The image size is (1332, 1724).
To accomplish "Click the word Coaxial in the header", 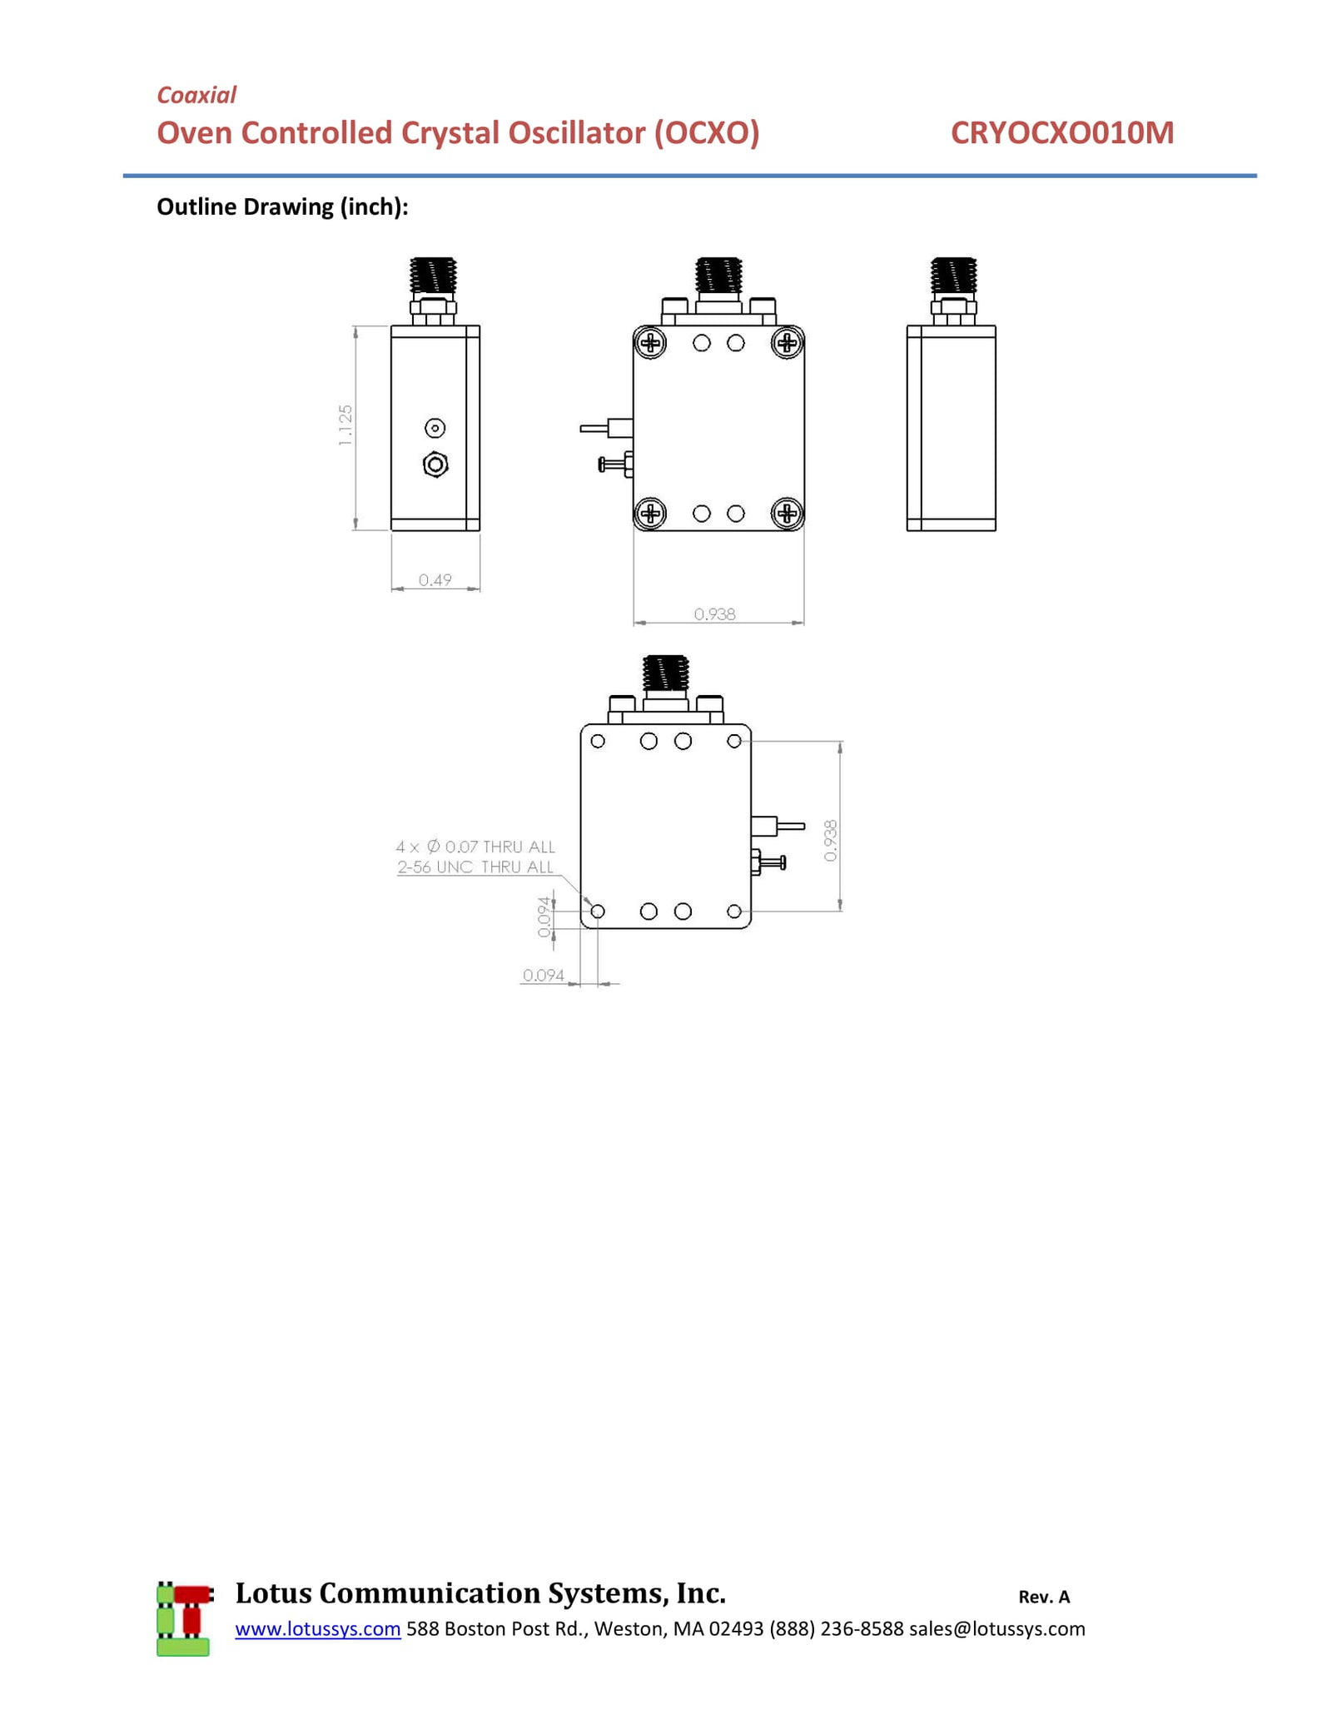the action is click(196, 95).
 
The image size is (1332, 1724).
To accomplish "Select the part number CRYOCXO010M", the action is click(1062, 133).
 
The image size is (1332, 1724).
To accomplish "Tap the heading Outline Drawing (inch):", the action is click(282, 206).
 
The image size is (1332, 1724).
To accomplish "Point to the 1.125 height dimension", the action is click(345, 425).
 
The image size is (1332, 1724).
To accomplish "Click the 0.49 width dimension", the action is click(435, 579).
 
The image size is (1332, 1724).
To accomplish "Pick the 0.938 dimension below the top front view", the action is click(715, 614).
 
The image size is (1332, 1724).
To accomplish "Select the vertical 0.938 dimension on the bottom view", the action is click(830, 841).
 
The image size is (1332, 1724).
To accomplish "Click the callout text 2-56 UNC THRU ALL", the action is click(475, 867).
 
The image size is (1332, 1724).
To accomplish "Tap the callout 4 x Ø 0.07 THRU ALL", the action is click(475, 847).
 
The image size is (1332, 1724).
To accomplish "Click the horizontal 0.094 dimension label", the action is click(544, 975).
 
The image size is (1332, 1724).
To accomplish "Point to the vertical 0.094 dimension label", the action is click(544, 917).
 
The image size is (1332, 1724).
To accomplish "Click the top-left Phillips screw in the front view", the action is click(650, 342).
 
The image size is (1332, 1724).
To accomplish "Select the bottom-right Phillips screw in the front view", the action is click(787, 514).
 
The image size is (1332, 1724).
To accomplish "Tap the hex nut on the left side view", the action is click(435, 465).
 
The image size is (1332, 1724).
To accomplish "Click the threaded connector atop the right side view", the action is click(953, 276).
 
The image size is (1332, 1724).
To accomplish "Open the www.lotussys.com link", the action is click(318, 1628).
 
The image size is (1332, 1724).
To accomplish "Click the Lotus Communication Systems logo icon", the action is click(184, 1617).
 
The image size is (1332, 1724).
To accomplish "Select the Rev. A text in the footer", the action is click(1044, 1597).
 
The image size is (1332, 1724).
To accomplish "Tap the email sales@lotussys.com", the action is click(997, 1628).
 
